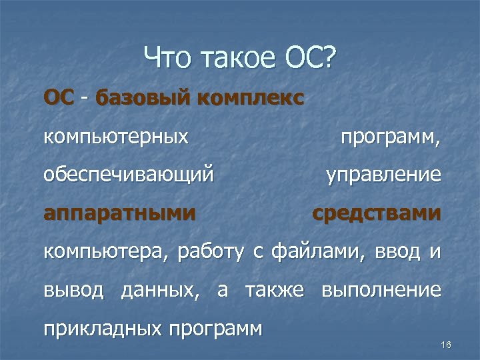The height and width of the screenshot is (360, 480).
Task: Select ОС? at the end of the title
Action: [x=311, y=61]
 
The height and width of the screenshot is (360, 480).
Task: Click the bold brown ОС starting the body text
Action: [x=59, y=99]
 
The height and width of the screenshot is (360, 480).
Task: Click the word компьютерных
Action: [x=115, y=138]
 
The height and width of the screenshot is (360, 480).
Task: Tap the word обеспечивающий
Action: [x=129, y=176]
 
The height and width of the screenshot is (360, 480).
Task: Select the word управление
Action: [x=383, y=176]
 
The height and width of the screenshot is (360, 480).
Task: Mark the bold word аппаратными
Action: [x=120, y=215]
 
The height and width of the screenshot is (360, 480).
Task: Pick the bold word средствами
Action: [x=377, y=215]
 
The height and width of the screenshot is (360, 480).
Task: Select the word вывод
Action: [x=73, y=291]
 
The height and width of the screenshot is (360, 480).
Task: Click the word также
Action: [x=275, y=291]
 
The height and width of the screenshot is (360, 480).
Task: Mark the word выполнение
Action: [x=381, y=291]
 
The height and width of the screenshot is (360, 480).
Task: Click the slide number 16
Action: [x=446, y=344]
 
